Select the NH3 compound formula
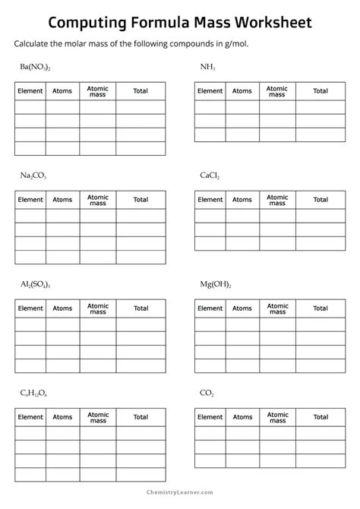coord(207,68)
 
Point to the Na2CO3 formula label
coord(33,175)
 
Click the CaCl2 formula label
coord(210,175)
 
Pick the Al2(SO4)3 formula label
coord(35,284)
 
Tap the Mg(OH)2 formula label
coord(216,284)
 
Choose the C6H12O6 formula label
coord(34,393)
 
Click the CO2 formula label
coord(207,393)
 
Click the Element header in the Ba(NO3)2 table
coord(30,91)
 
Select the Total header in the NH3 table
coord(320,91)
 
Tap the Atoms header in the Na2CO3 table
coord(62,200)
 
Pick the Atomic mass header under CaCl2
coord(277,200)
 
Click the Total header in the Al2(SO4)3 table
coord(141,308)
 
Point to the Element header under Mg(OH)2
coord(210,308)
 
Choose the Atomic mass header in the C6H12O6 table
coord(98,417)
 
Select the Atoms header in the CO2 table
coord(242,417)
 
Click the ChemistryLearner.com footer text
coord(180,500)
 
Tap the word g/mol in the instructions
coord(232,43)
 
